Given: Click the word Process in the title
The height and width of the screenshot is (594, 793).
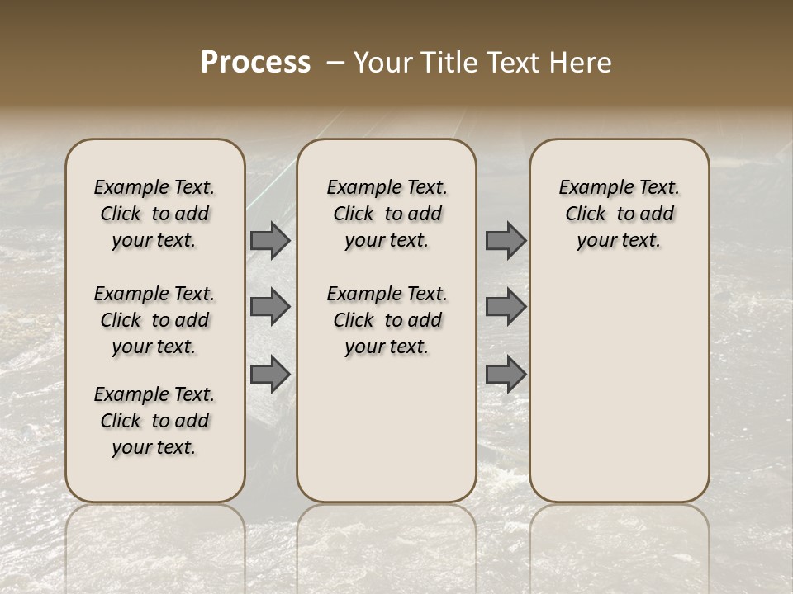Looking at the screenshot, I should (255, 63).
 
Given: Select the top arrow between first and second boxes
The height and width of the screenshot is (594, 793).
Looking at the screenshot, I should (270, 240).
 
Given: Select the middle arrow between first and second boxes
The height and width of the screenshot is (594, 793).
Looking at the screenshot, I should (270, 307).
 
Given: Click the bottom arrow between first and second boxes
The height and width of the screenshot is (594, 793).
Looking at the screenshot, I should (270, 374).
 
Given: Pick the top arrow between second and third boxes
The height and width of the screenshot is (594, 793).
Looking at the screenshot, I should (506, 240).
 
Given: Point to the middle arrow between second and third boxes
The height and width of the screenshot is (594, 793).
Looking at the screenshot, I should (506, 307).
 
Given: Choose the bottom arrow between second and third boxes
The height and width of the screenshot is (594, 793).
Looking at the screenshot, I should (506, 374).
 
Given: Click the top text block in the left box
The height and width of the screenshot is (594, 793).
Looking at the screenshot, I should (154, 214).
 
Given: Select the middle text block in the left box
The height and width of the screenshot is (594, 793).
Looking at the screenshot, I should (154, 320).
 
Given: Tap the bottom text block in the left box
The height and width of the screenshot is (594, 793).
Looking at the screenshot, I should (154, 421).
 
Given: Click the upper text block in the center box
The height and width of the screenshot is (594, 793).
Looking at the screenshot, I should (387, 214).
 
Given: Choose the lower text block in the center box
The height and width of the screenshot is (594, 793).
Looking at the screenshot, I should (387, 320).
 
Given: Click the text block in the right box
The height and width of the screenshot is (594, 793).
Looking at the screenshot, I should (620, 214).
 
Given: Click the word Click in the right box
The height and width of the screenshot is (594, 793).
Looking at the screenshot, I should (586, 214).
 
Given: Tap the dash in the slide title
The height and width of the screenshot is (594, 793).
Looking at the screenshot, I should (335, 63).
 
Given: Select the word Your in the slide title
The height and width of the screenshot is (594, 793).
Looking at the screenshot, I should (381, 63).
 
